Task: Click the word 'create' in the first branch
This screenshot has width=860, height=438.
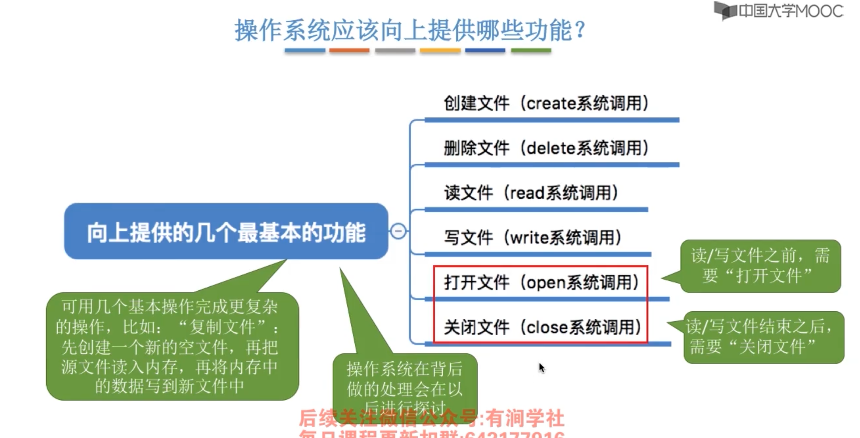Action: tap(551, 104)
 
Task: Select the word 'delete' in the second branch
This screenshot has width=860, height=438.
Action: tap(551, 148)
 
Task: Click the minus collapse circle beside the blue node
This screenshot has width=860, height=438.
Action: tap(398, 231)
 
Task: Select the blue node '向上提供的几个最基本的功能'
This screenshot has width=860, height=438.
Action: tap(226, 231)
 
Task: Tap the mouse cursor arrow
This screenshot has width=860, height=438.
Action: tap(542, 367)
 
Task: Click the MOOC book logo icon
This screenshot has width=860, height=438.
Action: tap(725, 10)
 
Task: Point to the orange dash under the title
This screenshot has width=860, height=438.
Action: tap(349, 51)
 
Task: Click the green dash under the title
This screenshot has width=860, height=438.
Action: tap(531, 51)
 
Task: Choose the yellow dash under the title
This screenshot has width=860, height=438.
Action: tap(440, 51)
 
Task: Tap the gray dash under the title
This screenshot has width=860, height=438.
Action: tap(395, 51)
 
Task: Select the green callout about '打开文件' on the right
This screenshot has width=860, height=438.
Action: tap(761, 266)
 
